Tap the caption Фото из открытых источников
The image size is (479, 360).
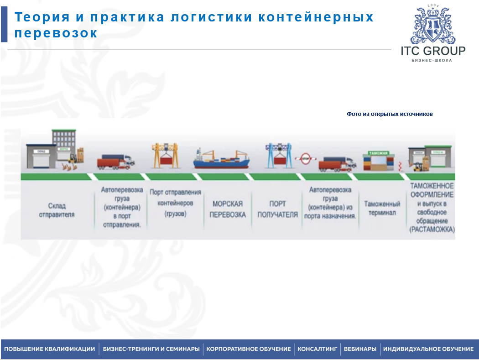390,114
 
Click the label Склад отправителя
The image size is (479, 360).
57,210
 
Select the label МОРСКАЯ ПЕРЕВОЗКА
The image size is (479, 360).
227,209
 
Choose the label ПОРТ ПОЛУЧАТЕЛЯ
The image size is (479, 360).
277,209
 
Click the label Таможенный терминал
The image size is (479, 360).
382,209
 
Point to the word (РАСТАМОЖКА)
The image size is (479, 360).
432,230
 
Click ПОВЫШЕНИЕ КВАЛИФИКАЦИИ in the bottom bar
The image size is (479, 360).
50,349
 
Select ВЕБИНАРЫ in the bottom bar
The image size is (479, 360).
360,349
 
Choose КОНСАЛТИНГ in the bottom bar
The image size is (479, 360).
318,349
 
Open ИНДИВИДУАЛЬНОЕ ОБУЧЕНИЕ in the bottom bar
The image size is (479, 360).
428,349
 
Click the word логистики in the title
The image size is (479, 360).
208,17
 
